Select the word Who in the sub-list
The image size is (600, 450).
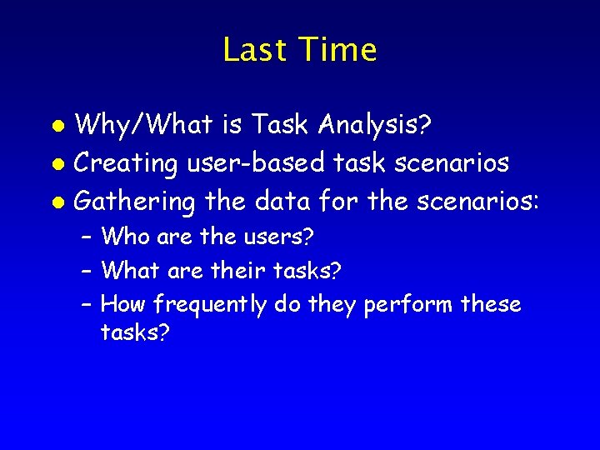(x=125, y=237)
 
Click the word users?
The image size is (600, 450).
(x=278, y=237)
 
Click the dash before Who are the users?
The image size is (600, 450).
(x=87, y=237)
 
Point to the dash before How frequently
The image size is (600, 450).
(x=87, y=306)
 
